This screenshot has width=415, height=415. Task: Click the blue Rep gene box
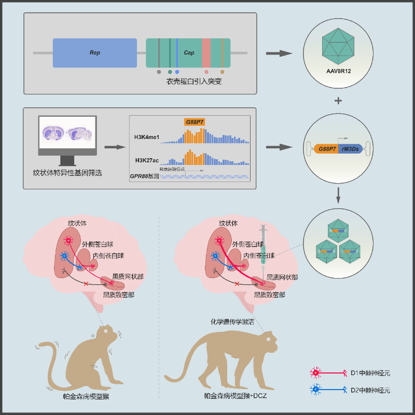(x=95, y=53)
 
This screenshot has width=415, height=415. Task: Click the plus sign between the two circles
(x=338, y=101)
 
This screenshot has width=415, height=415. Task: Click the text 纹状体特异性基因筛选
(x=66, y=172)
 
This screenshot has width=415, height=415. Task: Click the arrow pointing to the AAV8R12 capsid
(x=280, y=53)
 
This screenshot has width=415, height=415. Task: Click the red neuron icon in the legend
(x=314, y=372)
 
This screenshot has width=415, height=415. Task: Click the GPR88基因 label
(x=144, y=176)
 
